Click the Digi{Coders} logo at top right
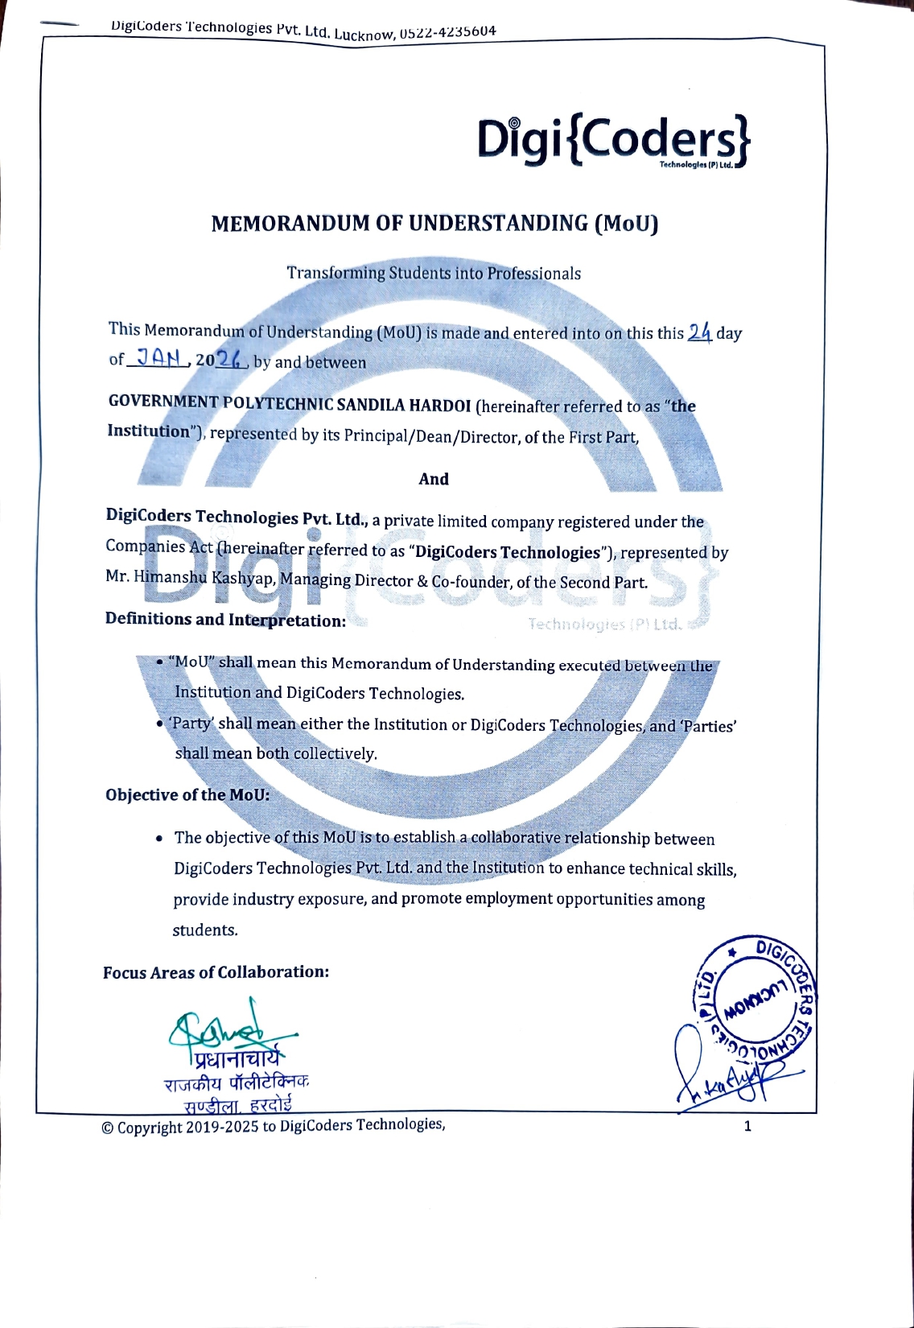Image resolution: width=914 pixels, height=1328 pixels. (613, 141)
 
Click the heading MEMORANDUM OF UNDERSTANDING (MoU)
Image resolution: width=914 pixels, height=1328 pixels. (434, 224)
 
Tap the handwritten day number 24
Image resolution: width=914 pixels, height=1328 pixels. (700, 332)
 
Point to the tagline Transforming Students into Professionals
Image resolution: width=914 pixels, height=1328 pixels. (434, 273)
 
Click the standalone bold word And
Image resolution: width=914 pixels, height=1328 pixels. (434, 479)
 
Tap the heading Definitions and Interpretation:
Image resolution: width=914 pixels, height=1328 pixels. (225, 620)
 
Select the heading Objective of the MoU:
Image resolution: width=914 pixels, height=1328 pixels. (187, 794)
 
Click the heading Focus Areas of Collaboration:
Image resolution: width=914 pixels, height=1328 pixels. (216, 971)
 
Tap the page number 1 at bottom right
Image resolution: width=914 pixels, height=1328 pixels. (747, 1126)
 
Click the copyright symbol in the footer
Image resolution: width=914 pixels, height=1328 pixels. (108, 1128)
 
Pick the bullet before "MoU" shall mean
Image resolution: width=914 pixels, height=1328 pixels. (161, 662)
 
